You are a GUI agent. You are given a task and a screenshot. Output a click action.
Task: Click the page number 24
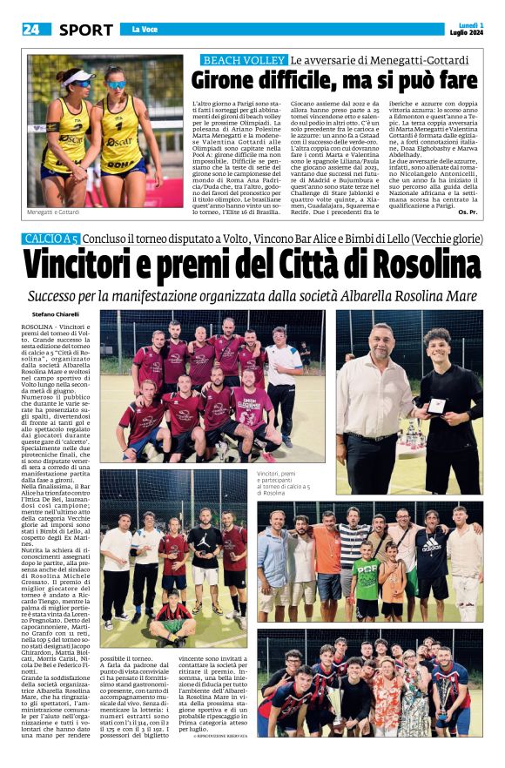(x=30, y=30)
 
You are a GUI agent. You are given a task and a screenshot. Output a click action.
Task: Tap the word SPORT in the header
(x=86, y=30)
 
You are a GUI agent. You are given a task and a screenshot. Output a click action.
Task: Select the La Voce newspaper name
(x=144, y=30)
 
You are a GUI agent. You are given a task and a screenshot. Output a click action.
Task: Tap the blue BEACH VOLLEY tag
(x=243, y=60)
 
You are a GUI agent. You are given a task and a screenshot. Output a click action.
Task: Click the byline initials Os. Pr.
(x=468, y=212)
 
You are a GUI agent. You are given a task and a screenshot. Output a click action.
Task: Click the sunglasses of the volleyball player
(x=115, y=84)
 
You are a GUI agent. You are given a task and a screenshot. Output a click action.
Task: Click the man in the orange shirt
(x=327, y=553)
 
